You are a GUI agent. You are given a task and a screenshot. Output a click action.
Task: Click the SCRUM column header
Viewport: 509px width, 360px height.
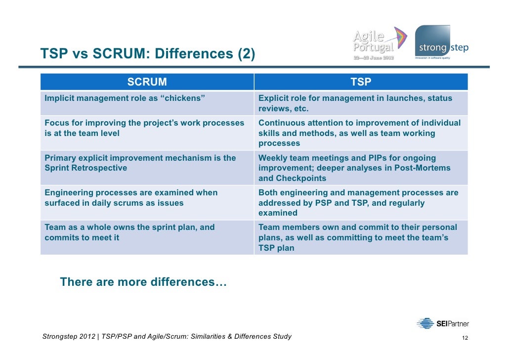[x=147, y=82]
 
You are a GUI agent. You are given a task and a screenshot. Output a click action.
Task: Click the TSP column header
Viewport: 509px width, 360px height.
[x=361, y=82]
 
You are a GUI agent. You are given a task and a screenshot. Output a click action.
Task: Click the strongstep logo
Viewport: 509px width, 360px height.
[x=440, y=43]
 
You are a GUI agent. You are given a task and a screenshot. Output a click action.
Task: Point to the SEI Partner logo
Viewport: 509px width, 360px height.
[x=442, y=324]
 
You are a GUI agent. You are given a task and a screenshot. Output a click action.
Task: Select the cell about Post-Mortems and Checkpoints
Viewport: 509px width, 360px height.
[x=361, y=168]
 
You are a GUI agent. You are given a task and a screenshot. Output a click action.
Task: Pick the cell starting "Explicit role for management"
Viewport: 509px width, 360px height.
[x=361, y=103]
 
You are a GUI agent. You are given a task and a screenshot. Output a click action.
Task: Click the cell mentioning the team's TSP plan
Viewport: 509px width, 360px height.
[x=361, y=238]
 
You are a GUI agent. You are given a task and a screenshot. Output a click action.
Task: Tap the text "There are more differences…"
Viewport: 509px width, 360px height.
[x=143, y=282]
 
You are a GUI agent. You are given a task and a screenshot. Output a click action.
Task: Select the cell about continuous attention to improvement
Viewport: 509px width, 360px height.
[x=361, y=133]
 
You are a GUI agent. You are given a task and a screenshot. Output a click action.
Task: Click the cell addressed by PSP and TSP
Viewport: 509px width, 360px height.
[x=361, y=203]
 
